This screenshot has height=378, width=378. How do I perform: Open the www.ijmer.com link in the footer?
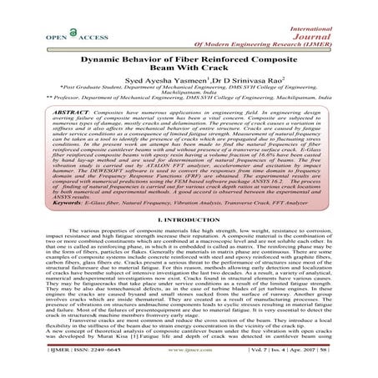tap(189, 363)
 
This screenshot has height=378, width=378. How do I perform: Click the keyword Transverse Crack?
tap(255, 199)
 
